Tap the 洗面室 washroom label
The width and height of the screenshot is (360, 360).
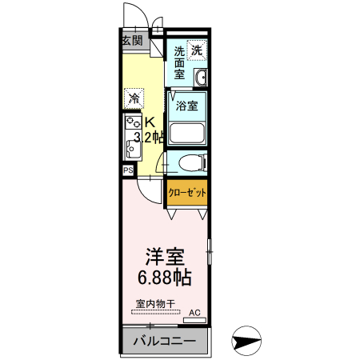(180, 62)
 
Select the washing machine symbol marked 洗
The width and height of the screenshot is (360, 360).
(197, 50)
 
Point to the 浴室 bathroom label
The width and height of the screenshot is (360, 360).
(187, 105)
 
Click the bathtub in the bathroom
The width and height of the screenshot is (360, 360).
(187, 133)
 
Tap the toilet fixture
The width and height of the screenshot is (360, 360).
(189, 163)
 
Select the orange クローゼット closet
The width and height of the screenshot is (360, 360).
(187, 192)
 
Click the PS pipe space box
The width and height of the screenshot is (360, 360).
(128, 171)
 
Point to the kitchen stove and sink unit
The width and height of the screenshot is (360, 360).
(131, 137)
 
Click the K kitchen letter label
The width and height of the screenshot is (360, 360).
(150, 122)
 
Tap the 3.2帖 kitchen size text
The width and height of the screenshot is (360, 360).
(150, 137)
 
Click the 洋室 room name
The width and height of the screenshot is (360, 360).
(166, 258)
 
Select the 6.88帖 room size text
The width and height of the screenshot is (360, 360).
(166, 278)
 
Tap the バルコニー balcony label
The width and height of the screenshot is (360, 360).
(163, 342)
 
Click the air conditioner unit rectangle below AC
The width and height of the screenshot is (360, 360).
(194, 321)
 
